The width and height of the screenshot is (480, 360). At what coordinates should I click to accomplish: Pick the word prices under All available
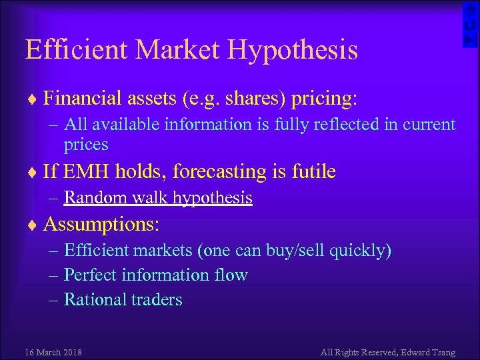pyautogui.click(x=85, y=144)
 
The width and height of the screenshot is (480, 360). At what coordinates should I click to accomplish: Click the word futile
pyautogui.click(x=313, y=171)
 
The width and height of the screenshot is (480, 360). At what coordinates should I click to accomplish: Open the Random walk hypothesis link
pyautogui.click(x=158, y=197)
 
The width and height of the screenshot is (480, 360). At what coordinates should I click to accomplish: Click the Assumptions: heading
pyautogui.click(x=101, y=224)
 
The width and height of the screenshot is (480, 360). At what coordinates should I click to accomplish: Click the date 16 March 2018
pyautogui.click(x=53, y=351)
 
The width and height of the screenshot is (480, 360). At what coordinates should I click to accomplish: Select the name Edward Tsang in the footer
pyautogui.click(x=429, y=351)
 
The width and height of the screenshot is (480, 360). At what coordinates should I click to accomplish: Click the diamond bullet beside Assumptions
pyautogui.click(x=33, y=225)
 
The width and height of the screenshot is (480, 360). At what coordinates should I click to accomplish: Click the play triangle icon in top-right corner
pyautogui.click(x=471, y=40)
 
